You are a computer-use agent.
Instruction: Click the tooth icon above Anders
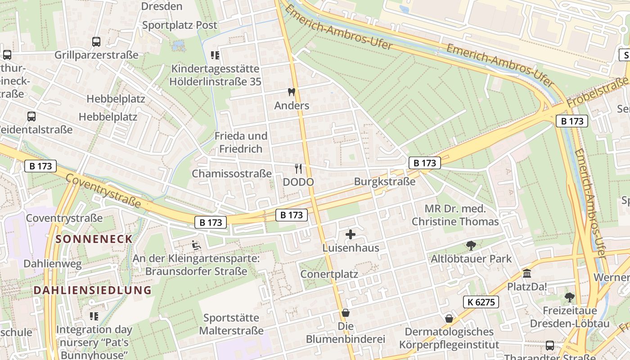coord(291,92)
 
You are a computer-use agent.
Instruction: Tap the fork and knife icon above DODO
coord(298,169)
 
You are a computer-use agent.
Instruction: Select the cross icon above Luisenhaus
coord(351,234)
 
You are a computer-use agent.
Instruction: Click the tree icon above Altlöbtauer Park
coord(471,245)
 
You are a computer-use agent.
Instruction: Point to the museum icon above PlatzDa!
coord(527,273)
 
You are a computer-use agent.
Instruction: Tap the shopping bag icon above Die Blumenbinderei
coord(346,313)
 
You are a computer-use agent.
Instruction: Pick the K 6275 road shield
coord(481,302)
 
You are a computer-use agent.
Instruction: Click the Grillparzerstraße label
coord(96,55)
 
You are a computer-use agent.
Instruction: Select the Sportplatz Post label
coord(180,25)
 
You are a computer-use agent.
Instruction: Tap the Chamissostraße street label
coord(232,173)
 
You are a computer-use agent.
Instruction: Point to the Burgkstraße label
coord(385,182)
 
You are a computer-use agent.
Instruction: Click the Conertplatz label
coord(329,274)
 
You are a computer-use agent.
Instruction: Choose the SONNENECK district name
coord(94,239)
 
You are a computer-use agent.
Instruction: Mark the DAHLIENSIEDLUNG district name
coord(93,290)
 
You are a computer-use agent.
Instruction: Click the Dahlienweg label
coord(53,263)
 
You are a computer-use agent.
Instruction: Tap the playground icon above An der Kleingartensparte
coord(196,245)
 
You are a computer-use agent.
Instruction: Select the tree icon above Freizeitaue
coord(569,297)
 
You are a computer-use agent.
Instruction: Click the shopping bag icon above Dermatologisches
coord(449,319)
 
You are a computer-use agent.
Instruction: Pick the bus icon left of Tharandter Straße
coord(550,346)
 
